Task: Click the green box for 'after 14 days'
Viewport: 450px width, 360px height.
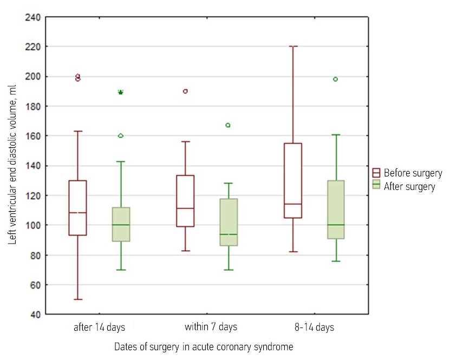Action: [121, 224]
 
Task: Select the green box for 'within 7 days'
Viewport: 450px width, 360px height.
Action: [229, 222]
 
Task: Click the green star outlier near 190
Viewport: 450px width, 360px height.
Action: [121, 93]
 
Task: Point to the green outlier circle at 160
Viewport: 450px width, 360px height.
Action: [121, 135]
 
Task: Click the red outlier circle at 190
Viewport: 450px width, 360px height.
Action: [185, 91]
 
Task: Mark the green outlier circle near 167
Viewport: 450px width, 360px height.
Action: [228, 125]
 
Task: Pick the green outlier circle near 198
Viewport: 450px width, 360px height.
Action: [336, 79]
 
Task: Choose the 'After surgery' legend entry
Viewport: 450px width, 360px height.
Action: [409, 186]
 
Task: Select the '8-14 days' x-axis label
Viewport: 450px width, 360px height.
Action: [314, 327]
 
